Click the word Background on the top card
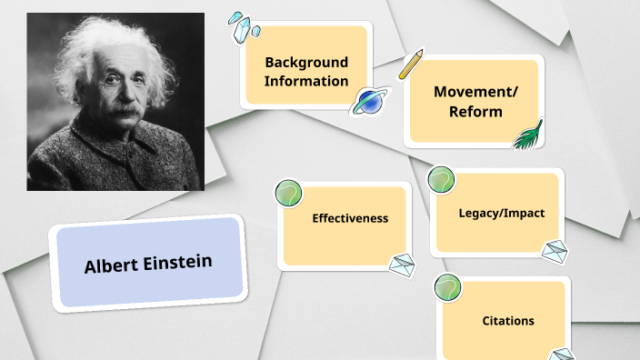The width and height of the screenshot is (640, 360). pos(305,62)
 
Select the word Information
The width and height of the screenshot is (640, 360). pos(305,81)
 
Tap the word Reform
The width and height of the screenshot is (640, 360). pos(475,112)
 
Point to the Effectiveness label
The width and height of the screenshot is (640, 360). pos(350,218)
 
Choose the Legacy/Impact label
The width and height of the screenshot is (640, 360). pos(501,213)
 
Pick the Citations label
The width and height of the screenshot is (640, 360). pos(507,321)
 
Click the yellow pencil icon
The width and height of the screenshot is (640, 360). pos(411,63)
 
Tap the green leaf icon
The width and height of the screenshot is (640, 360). pos(527,135)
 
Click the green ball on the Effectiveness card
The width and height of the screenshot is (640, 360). pos(289,194)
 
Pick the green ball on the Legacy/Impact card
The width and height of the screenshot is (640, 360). pos(442,179)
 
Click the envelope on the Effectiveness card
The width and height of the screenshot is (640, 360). pos(402,265)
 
